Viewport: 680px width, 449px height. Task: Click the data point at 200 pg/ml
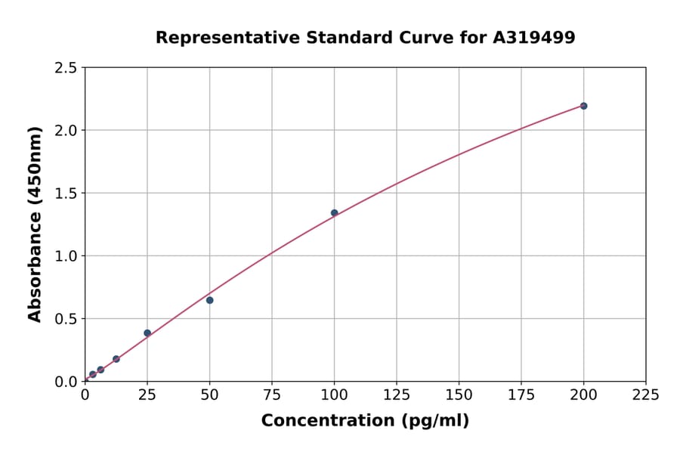(x=583, y=106)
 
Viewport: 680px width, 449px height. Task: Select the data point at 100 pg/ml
(x=334, y=213)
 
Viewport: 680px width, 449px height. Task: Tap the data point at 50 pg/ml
(x=209, y=300)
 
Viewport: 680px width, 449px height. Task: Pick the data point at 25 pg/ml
(x=147, y=333)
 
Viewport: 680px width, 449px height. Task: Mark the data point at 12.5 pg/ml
(x=116, y=359)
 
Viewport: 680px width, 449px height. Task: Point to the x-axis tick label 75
(x=272, y=395)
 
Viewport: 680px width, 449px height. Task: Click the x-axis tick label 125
(x=397, y=395)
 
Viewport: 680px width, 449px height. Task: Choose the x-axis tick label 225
(x=646, y=395)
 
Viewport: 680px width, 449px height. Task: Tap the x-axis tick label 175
(x=521, y=395)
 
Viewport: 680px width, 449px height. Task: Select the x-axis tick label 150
(x=459, y=395)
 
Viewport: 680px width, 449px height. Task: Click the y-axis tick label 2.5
(x=66, y=68)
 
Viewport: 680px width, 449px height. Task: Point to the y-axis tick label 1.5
(x=66, y=194)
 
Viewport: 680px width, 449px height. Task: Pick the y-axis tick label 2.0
(x=66, y=131)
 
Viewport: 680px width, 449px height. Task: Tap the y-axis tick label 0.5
(x=66, y=319)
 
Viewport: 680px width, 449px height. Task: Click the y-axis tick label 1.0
(x=66, y=256)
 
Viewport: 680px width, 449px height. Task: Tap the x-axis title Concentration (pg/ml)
(x=365, y=420)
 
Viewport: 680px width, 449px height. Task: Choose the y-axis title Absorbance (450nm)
(x=35, y=224)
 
